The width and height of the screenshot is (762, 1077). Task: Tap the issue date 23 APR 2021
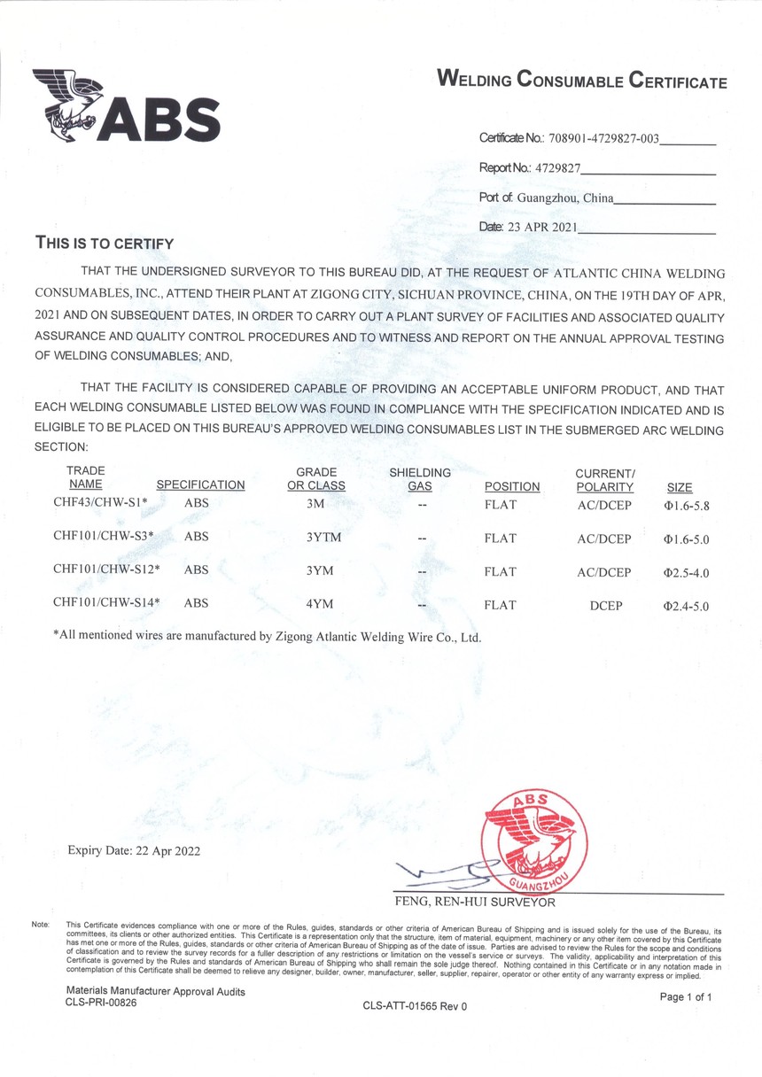click(x=541, y=227)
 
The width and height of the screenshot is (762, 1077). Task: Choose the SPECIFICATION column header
click(x=200, y=485)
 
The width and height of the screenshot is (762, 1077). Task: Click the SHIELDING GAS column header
click(x=420, y=479)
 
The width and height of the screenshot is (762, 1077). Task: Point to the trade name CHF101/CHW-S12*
click(x=105, y=572)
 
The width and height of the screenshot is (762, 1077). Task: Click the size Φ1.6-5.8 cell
click(x=687, y=506)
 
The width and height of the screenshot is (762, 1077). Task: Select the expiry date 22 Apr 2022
click(x=134, y=851)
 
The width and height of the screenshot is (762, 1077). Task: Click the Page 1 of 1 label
click(x=686, y=996)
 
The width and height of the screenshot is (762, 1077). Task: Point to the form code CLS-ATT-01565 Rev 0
click(x=414, y=1006)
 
